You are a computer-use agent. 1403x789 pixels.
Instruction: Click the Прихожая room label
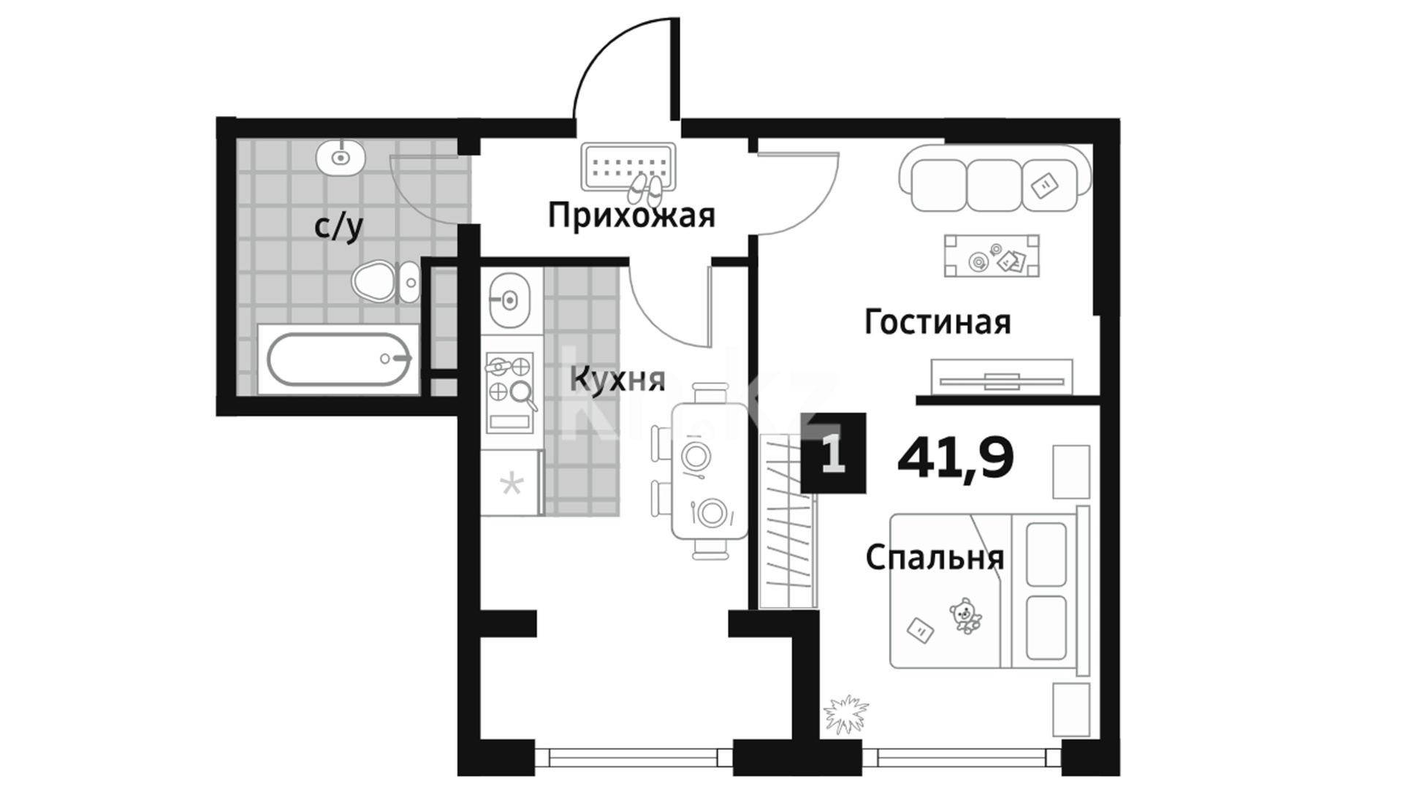coord(631,216)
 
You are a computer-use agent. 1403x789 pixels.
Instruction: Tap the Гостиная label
coord(938,322)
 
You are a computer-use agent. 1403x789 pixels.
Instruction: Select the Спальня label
coord(935,558)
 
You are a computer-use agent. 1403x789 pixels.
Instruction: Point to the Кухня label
coord(617,380)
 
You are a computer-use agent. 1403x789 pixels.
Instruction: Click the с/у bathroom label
coord(338,227)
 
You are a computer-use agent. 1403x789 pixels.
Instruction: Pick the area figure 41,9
coord(955,458)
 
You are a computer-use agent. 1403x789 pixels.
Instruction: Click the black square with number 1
coord(833,453)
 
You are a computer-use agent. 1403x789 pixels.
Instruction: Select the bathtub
coord(339,359)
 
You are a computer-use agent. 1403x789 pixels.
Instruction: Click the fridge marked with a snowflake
coord(511,483)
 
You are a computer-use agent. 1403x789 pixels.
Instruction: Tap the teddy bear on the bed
coord(966,615)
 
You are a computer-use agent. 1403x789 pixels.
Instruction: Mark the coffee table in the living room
coord(992,256)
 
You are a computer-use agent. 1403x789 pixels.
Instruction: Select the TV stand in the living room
coord(1002,377)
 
